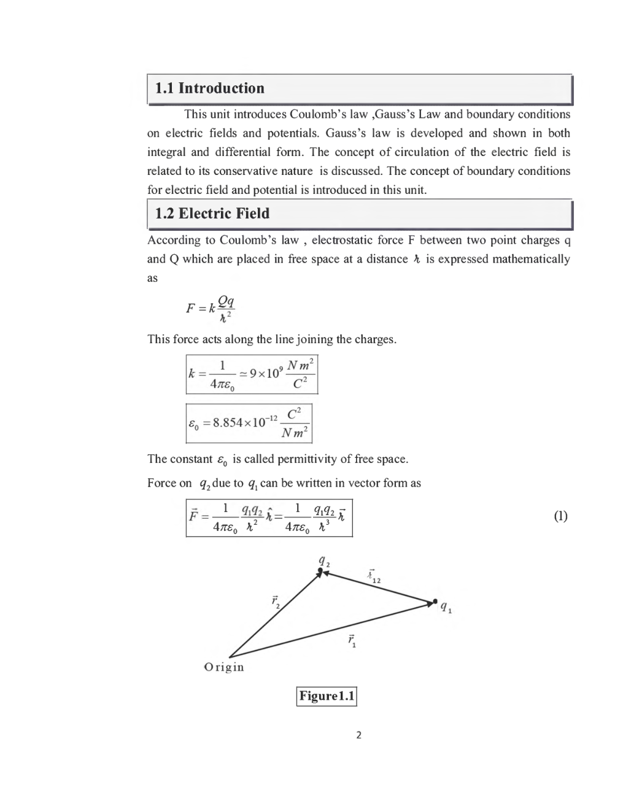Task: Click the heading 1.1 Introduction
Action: coord(209,88)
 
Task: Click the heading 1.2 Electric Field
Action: coord(212,214)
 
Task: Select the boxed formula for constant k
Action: coord(252,374)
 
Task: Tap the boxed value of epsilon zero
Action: coord(249,423)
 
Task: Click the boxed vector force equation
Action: coord(269,517)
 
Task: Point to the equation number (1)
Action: coord(560,516)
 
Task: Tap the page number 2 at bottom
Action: coord(359,735)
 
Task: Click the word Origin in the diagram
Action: coord(223,667)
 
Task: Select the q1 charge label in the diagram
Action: coord(446,608)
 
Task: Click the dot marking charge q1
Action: coord(435,601)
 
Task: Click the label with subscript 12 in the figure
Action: coord(374,577)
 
